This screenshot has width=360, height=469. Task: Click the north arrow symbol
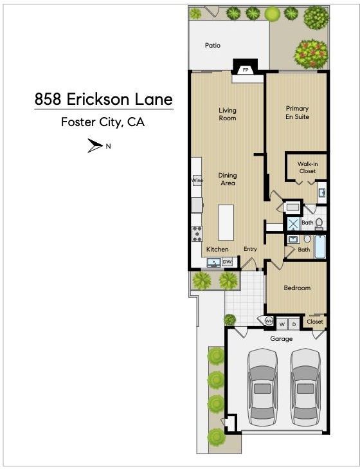tap(95, 145)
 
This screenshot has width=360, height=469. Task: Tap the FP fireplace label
tap(246, 70)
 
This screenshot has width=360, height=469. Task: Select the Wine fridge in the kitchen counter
tap(197, 180)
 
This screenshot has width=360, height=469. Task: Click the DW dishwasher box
tap(227, 262)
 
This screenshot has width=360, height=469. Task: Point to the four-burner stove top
tap(197, 234)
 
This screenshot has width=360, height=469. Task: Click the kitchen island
tap(226, 223)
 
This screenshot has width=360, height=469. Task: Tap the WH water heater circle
tap(269, 321)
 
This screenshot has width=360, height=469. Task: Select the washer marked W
tap(282, 324)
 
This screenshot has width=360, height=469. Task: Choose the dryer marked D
tap(294, 324)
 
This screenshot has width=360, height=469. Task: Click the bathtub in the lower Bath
tap(320, 247)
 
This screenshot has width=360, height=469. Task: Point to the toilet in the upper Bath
tap(319, 224)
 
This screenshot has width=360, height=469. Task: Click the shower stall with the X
tap(293, 224)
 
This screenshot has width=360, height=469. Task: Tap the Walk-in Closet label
tap(307, 167)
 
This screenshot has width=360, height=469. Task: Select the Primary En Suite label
tap(297, 113)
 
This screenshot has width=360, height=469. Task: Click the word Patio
tap(213, 45)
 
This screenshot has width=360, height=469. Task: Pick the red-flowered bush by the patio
tap(311, 54)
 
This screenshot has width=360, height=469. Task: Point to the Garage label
tap(281, 339)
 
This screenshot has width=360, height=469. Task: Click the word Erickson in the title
tap(99, 99)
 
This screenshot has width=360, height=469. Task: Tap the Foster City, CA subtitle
tap(103, 122)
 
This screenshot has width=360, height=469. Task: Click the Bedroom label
tap(297, 288)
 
